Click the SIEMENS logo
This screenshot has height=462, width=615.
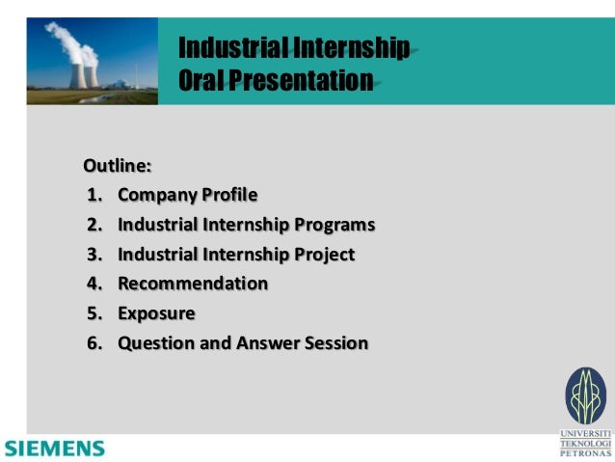(x=54, y=448)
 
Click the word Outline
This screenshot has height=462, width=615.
(x=116, y=165)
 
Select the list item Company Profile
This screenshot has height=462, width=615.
(x=187, y=196)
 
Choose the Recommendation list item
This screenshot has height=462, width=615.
(x=193, y=284)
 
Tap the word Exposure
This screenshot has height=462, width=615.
(x=156, y=313)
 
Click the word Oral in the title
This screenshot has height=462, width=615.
(x=201, y=79)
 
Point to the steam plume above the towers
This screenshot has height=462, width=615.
(x=67, y=39)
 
